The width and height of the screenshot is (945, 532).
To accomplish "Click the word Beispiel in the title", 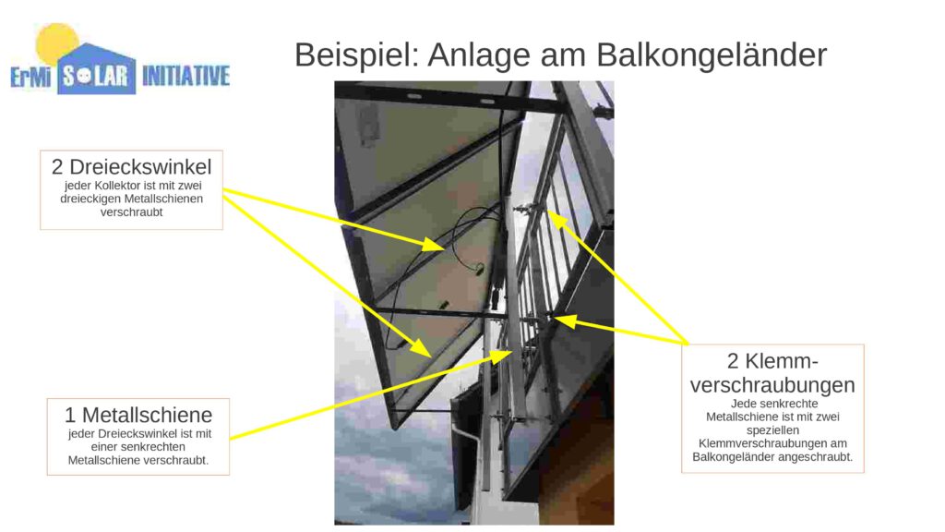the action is point(356,54).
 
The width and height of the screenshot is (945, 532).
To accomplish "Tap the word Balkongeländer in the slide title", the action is point(712,54).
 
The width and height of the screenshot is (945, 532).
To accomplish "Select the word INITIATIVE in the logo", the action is point(186,76).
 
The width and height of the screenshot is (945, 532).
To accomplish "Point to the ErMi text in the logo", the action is point(30,77).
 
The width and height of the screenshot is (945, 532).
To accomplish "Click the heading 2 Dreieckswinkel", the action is point(131,166).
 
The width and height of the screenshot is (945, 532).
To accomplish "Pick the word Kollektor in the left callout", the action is point(117,186).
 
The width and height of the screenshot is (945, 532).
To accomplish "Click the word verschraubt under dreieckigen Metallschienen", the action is point(131,212).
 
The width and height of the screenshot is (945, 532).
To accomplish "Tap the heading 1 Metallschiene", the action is point(138,415).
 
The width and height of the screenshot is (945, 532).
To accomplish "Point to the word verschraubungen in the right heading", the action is point(772,385).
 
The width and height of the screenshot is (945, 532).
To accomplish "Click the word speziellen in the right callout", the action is point(772,430).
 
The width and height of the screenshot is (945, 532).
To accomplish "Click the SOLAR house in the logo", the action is point(96,69).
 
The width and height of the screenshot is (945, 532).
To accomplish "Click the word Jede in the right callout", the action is point(743,404).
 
